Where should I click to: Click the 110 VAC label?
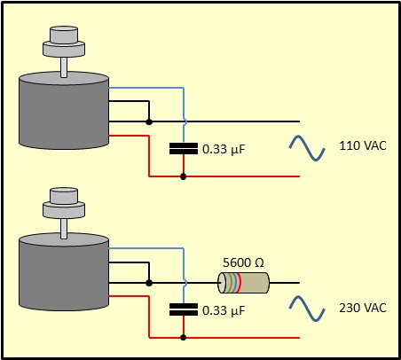(x=363, y=145)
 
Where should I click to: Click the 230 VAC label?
(x=363, y=308)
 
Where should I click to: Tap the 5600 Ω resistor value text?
(x=243, y=262)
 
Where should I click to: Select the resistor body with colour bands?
(x=244, y=283)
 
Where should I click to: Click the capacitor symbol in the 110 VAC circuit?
(x=184, y=149)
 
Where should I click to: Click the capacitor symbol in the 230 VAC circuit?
(x=184, y=309)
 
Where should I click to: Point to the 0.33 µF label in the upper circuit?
(x=224, y=149)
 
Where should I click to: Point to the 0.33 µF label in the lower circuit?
(x=224, y=310)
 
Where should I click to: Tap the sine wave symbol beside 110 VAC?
(x=307, y=148)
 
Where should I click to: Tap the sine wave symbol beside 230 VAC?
(x=307, y=309)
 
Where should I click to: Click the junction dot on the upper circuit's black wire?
(x=149, y=121)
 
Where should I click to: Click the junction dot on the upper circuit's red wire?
(x=184, y=176)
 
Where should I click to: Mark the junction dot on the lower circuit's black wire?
(x=149, y=283)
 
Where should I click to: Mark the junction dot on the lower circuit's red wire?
(x=184, y=338)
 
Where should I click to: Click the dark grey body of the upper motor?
(x=64, y=115)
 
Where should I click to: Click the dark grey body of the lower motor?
(x=64, y=277)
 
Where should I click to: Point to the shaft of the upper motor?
(x=64, y=67)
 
